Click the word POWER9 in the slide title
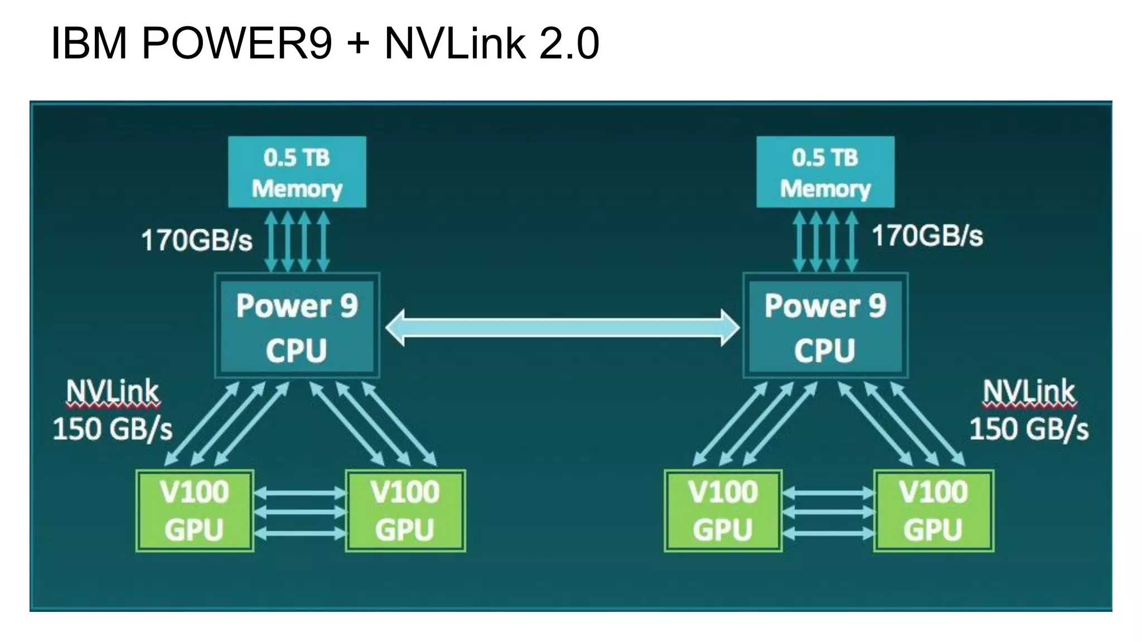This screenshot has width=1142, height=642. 237,43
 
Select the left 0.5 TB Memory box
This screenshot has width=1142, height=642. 297,172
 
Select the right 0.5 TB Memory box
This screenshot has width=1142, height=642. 825,172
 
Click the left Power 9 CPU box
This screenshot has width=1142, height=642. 297,327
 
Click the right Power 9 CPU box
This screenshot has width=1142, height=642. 825,327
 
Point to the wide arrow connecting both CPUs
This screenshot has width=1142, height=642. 562,328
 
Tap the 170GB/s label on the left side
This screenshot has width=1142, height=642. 196,241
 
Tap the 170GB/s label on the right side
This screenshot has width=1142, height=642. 927,235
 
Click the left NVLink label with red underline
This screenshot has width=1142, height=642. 113,392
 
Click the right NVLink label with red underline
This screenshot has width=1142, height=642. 1029,392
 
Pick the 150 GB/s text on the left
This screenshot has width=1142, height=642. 113,429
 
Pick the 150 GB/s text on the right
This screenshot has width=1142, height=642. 1029,429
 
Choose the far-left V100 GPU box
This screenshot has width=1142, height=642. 195,510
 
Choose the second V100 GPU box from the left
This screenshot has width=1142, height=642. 405,510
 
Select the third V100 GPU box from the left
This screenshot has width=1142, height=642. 723,510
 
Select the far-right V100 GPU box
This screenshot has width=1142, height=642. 933,510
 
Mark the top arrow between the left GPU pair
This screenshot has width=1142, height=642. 300,493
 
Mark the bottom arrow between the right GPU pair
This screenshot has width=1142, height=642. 828,533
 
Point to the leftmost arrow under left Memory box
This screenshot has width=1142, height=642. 271,241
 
